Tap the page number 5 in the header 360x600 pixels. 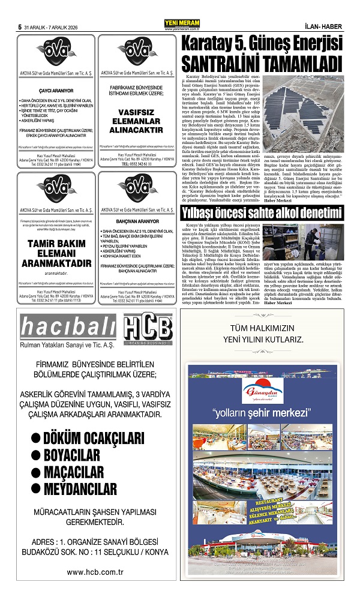20,27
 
